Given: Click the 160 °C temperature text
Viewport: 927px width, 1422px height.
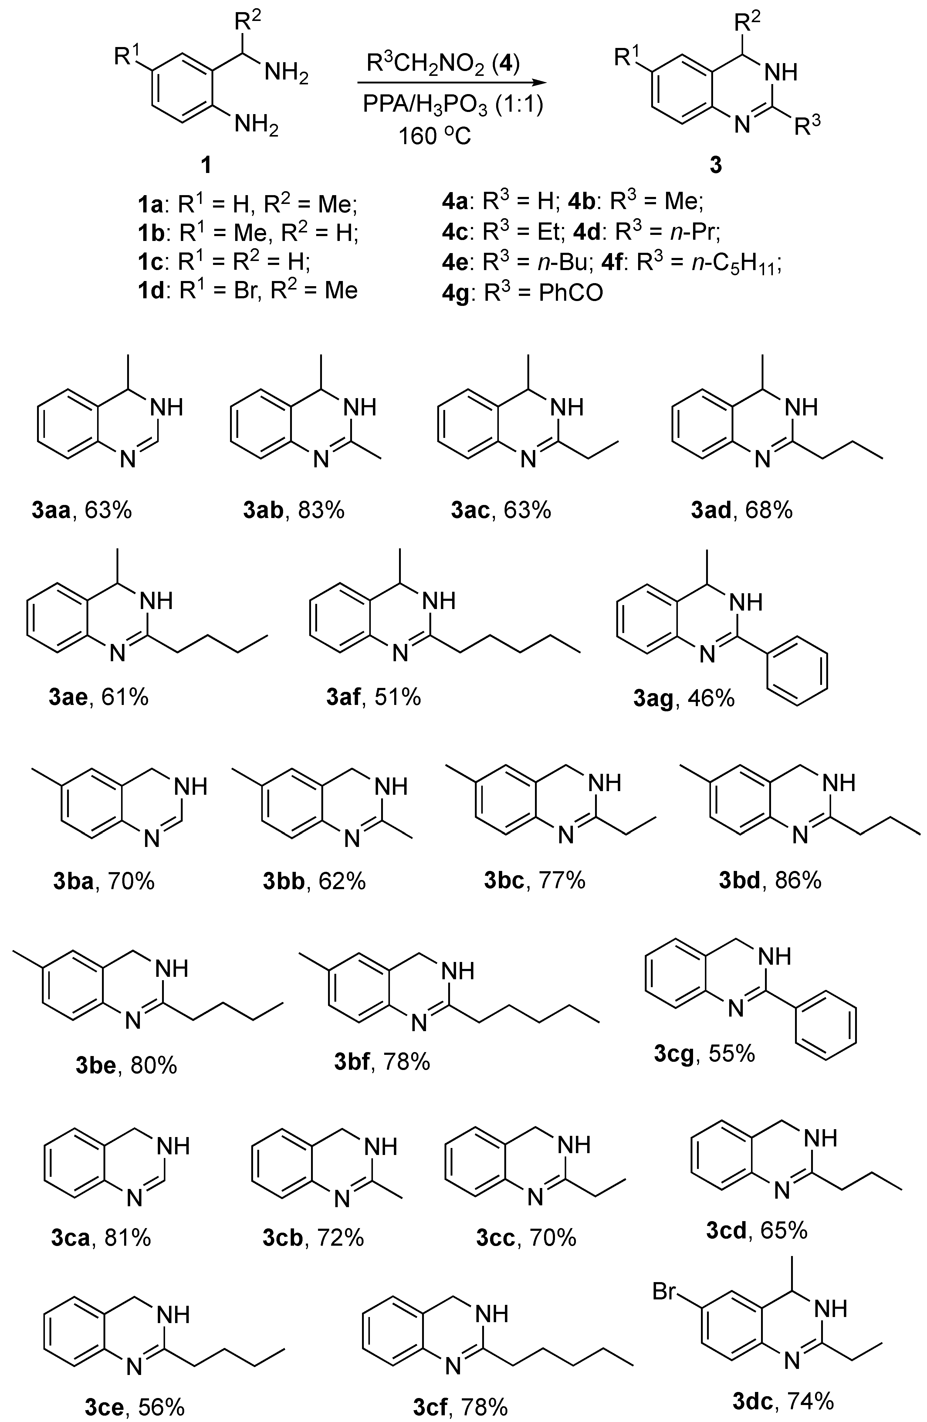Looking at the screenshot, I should click(435, 136).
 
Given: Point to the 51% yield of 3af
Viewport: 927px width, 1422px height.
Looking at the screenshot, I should click(398, 697).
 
